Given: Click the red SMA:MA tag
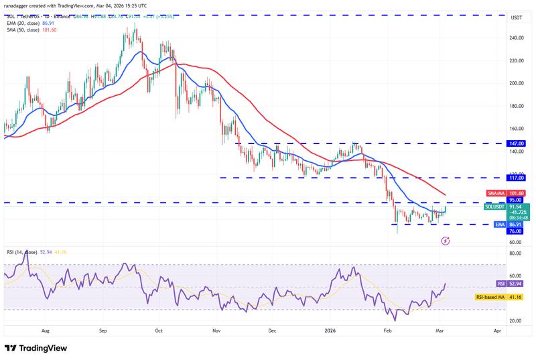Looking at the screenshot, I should click(494, 193).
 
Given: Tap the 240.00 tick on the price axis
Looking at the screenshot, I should click(517, 38).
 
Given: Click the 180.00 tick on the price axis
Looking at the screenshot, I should click(517, 106).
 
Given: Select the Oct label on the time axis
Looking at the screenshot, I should click(159, 331).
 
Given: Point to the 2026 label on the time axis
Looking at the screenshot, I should click(330, 331).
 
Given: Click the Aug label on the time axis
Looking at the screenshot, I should click(46, 331).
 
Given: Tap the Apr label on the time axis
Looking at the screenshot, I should click(496, 331).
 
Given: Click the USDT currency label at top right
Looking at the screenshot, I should click(517, 17).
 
